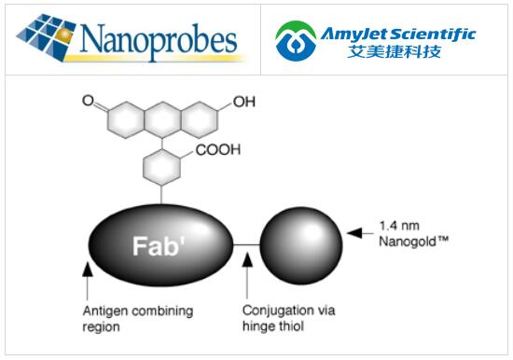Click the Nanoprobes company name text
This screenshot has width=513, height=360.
click(159, 40)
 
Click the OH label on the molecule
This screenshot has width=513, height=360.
click(243, 102)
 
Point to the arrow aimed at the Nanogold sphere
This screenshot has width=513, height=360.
click(359, 232)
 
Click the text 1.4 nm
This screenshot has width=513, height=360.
click(402, 225)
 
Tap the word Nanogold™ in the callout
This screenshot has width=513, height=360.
click(415, 240)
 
